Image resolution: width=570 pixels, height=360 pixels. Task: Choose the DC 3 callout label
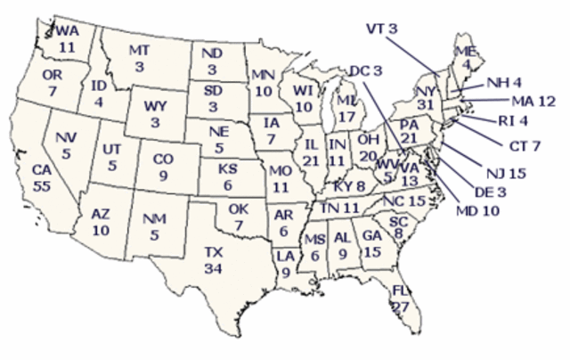(365, 70)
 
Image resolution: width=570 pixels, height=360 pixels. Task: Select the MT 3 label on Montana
(139, 57)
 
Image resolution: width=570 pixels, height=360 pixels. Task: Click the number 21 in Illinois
(312, 159)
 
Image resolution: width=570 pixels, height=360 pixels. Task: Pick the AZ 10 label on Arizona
(100, 223)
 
